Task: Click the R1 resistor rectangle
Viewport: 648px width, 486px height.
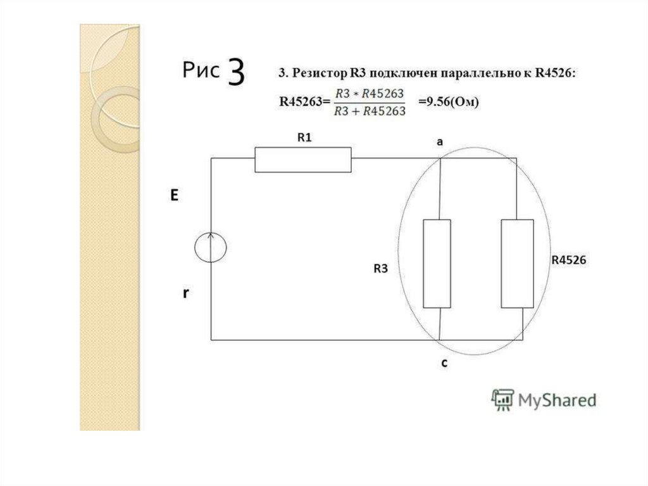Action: pos(303,160)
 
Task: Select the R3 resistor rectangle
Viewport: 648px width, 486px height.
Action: pos(437,264)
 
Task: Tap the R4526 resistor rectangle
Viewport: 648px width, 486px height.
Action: pos(518,264)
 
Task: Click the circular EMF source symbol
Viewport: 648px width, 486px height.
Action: pos(211,248)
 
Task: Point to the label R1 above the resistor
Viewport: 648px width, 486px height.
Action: pos(304,137)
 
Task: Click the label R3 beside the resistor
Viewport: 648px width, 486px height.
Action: pos(380,269)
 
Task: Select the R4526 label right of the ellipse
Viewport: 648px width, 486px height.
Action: pos(569,260)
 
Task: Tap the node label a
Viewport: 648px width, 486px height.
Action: pos(440,142)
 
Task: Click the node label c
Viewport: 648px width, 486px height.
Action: pos(444,363)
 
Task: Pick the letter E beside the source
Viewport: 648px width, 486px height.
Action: pos(175,195)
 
